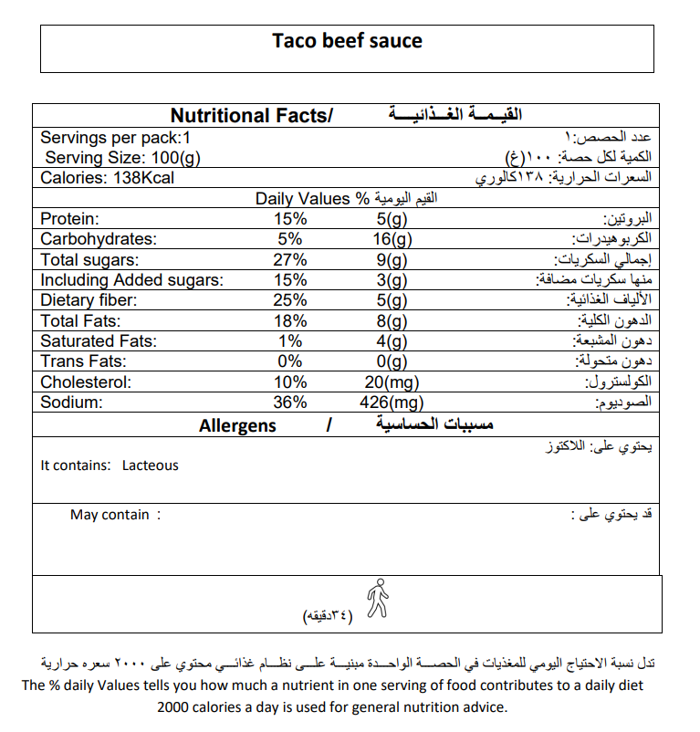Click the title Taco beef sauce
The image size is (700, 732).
pyautogui.click(x=347, y=41)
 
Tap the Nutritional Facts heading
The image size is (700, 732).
pyautogui.click(x=252, y=116)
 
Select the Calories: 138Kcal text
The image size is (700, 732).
pyautogui.click(x=107, y=178)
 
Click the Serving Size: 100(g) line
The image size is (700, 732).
pyautogui.click(x=122, y=158)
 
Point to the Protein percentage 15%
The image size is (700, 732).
pyautogui.click(x=291, y=220)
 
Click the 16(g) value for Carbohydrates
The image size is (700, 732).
pyautogui.click(x=393, y=240)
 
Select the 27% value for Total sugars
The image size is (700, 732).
pyautogui.click(x=291, y=260)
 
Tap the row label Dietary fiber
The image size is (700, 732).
pyautogui.click(x=89, y=300)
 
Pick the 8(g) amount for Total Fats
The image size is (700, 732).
pyautogui.click(x=391, y=320)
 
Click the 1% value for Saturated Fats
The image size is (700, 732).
pyautogui.click(x=291, y=340)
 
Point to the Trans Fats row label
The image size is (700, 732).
pyautogui.click(x=80, y=361)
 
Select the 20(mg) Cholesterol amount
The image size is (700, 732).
pyautogui.click(x=391, y=382)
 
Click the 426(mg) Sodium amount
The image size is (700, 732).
pyautogui.click(x=391, y=402)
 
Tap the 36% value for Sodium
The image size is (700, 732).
pyautogui.click(x=291, y=402)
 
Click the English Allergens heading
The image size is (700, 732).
pyautogui.click(x=237, y=426)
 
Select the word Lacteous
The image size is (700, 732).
pyautogui.click(x=151, y=465)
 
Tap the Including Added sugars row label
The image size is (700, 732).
pyautogui.click(x=131, y=280)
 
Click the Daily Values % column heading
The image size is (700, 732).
pyautogui.click(x=311, y=199)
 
